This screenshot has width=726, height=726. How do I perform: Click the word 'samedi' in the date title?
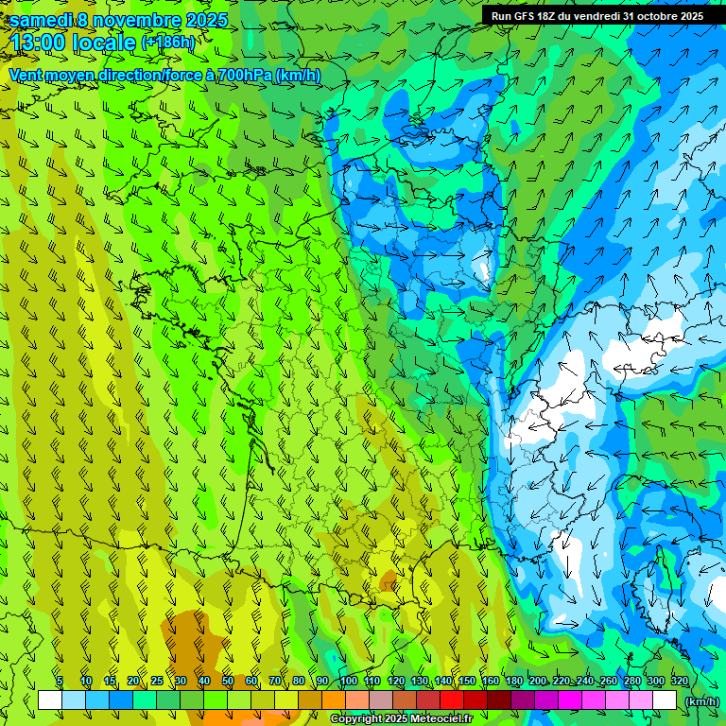point(42,20)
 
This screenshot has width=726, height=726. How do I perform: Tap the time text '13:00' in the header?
point(43,43)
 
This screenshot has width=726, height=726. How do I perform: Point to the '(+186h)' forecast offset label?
point(167,43)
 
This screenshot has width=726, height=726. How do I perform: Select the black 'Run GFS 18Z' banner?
point(596,16)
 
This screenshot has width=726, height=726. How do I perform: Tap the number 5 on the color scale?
point(60,681)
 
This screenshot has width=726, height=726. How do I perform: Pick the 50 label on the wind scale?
point(228,681)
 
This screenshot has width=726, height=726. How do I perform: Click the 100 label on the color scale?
point(348,681)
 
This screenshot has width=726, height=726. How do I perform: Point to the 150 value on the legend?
point(467,681)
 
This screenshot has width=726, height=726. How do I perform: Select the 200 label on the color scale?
point(539,681)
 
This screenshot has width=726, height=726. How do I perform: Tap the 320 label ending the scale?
point(679,681)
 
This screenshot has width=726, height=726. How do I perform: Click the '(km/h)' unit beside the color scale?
point(701,700)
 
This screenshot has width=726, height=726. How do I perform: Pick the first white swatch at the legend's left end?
point(50,700)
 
